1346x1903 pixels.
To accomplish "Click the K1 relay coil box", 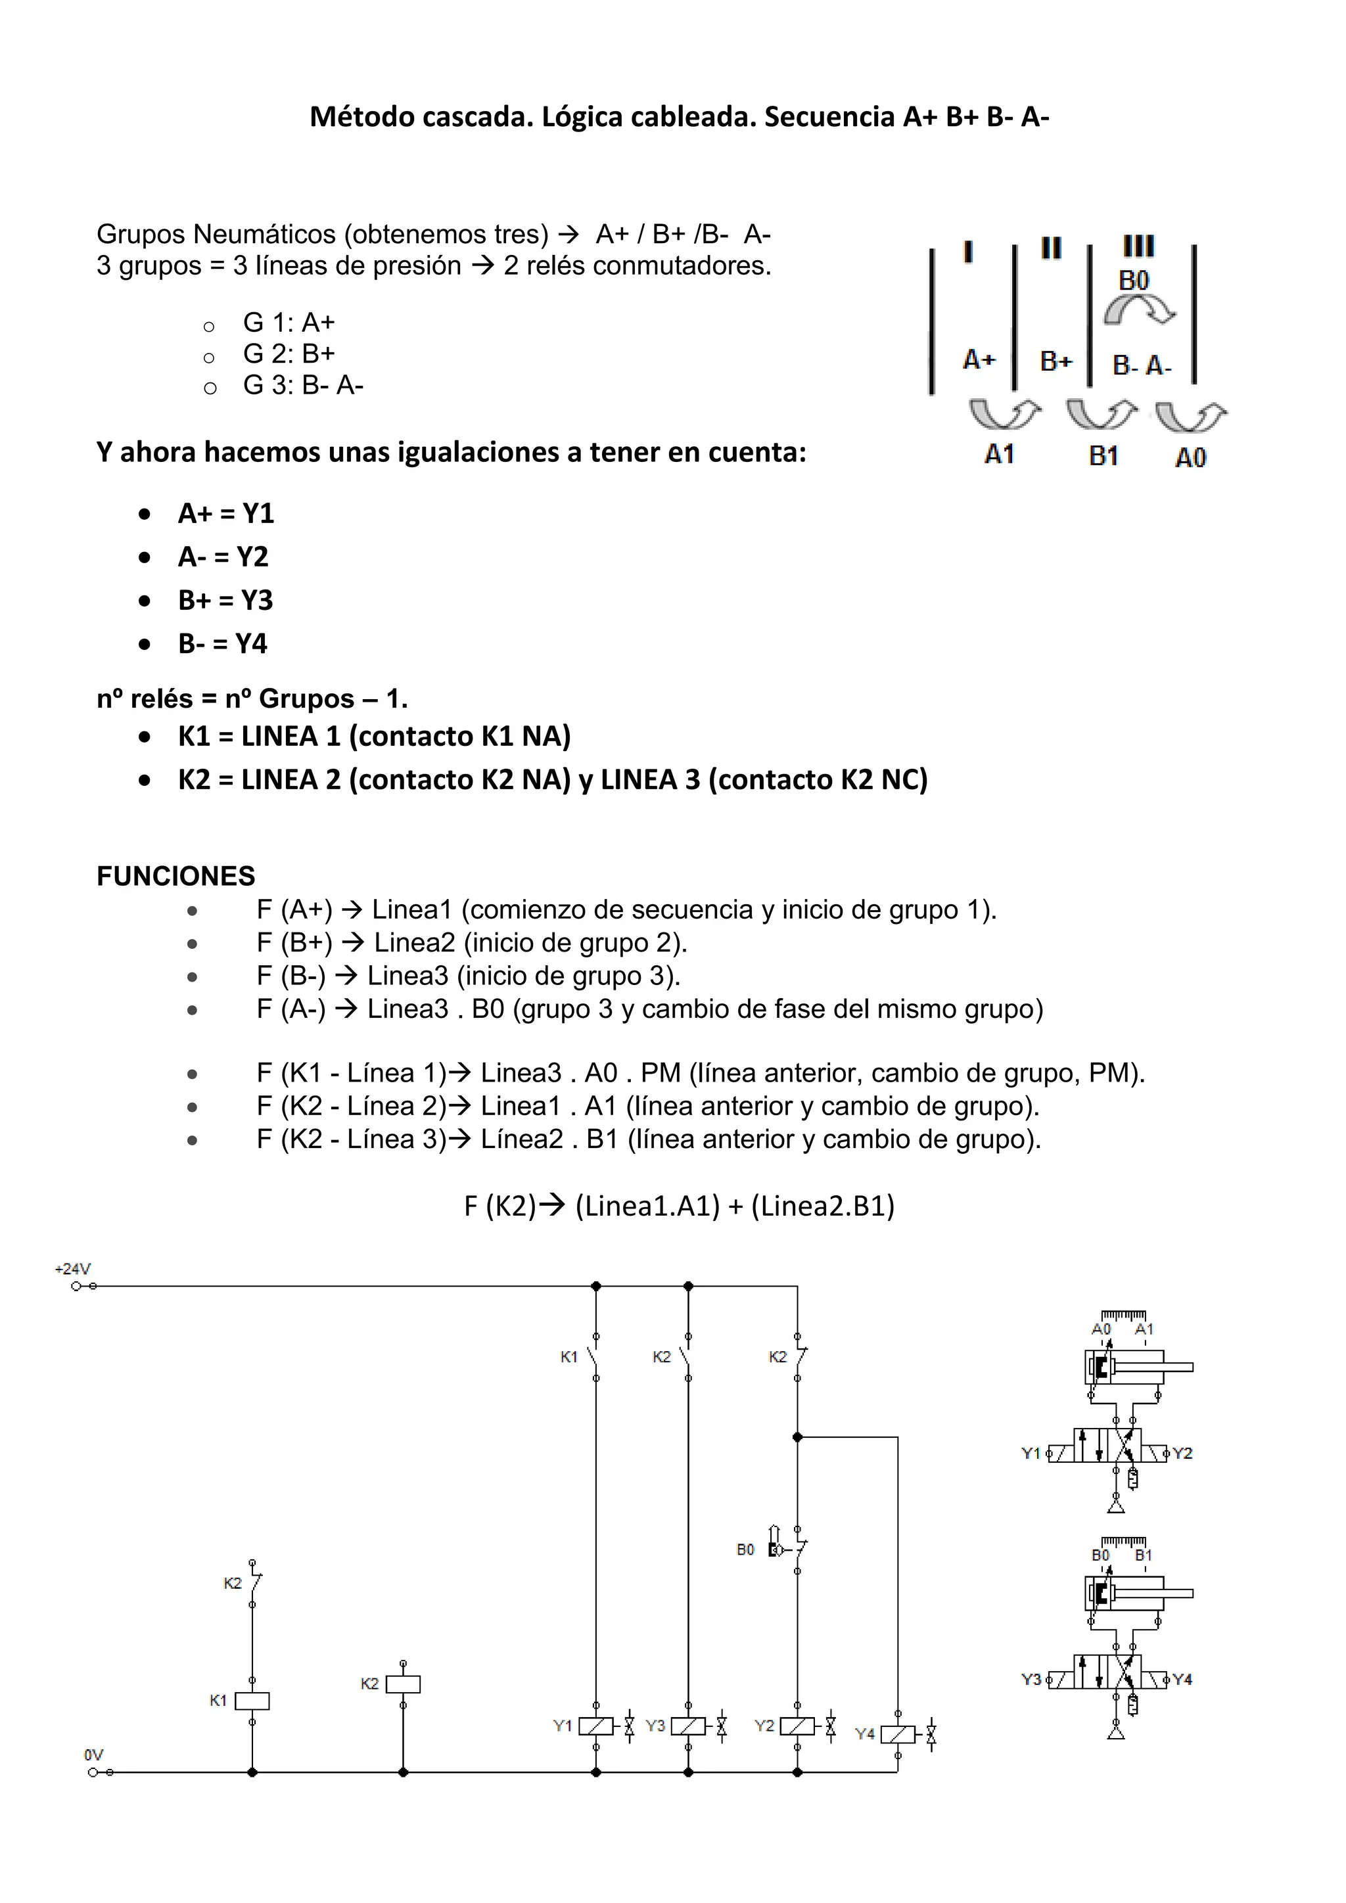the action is (x=252, y=1701).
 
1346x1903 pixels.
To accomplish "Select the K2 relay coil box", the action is (x=403, y=1684).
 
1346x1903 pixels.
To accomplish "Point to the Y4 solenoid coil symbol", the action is (x=898, y=1734).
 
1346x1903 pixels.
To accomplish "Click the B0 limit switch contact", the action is (x=797, y=1549).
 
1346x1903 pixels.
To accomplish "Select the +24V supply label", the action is (x=73, y=1269).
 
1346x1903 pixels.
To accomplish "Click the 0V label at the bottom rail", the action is (x=94, y=1754).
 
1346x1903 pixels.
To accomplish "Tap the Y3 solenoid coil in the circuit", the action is (x=688, y=1726).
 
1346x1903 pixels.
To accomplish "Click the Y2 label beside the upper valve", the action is (x=1183, y=1453).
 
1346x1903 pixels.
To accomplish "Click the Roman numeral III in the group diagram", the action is (x=1139, y=246).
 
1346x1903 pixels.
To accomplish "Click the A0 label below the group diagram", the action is (x=1190, y=457).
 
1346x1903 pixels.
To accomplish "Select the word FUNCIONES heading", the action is (x=175, y=876).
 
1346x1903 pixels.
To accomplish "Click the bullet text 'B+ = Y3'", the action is (x=225, y=600).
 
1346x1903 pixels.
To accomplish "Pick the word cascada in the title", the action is (x=477, y=117).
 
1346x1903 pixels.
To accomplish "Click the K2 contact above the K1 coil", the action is (x=254, y=1584).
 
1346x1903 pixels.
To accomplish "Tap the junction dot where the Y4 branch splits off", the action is (x=797, y=1437).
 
